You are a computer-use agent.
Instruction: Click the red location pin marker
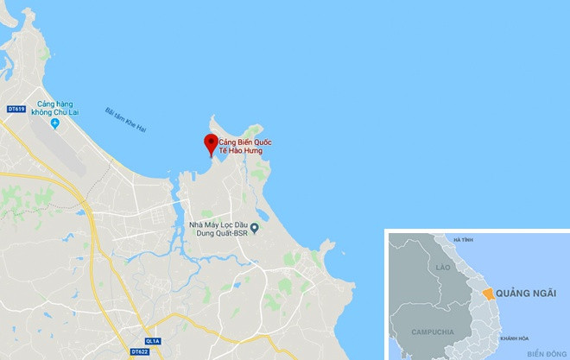point(210,143)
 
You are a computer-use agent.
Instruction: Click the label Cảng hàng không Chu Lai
point(57,109)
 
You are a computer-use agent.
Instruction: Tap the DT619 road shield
point(14,108)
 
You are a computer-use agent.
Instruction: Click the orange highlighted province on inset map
point(490,294)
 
